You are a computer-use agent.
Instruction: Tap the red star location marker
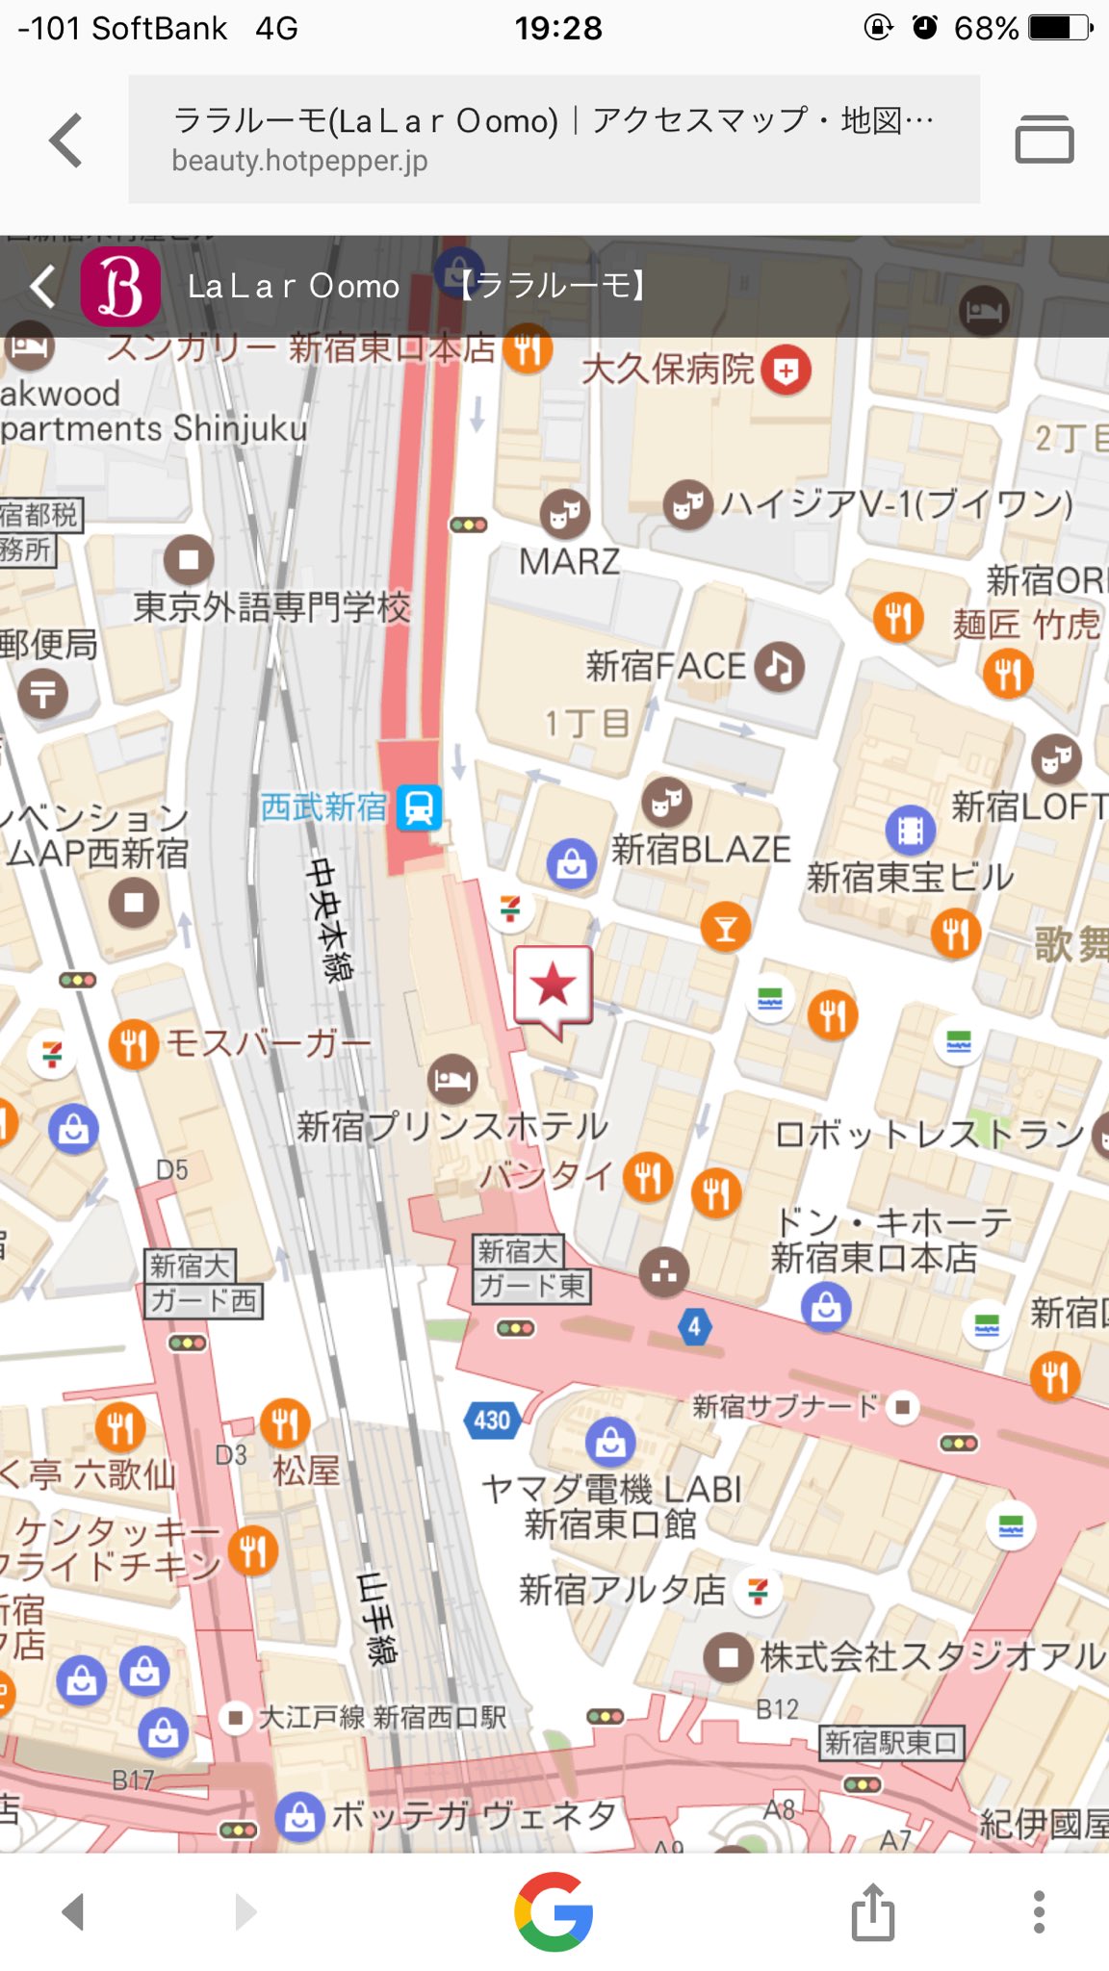click(553, 985)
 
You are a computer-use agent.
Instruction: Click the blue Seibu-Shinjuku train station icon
click(420, 807)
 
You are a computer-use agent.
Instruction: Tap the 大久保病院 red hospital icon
click(786, 371)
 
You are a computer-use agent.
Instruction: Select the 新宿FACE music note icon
click(779, 666)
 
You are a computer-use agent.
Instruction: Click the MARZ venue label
click(569, 561)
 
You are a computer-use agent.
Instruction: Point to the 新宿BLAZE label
click(701, 849)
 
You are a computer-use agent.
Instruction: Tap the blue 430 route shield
click(492, 1421)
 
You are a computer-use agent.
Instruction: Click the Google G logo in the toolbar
click(554, 1911)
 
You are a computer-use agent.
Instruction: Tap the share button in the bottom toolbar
click(872, 1911)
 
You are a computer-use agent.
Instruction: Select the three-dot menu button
click(1038, 1911)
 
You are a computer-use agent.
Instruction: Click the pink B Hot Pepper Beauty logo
click(120, 286)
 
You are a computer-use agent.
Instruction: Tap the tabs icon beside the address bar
click(1044, 140)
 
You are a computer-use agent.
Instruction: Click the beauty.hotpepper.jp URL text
click(299, 161)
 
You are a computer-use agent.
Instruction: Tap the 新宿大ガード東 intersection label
click(531, 1268)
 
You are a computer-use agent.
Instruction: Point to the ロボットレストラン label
click(929, 1134)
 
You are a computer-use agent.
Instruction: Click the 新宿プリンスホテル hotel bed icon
click(452, 1079)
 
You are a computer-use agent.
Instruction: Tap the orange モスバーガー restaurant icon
click(134, 1044)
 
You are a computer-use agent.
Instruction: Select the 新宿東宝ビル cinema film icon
click(910, 830)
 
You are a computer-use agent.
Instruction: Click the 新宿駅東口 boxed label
click(891, 1742)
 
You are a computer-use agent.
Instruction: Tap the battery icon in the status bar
click(1059, 28)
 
